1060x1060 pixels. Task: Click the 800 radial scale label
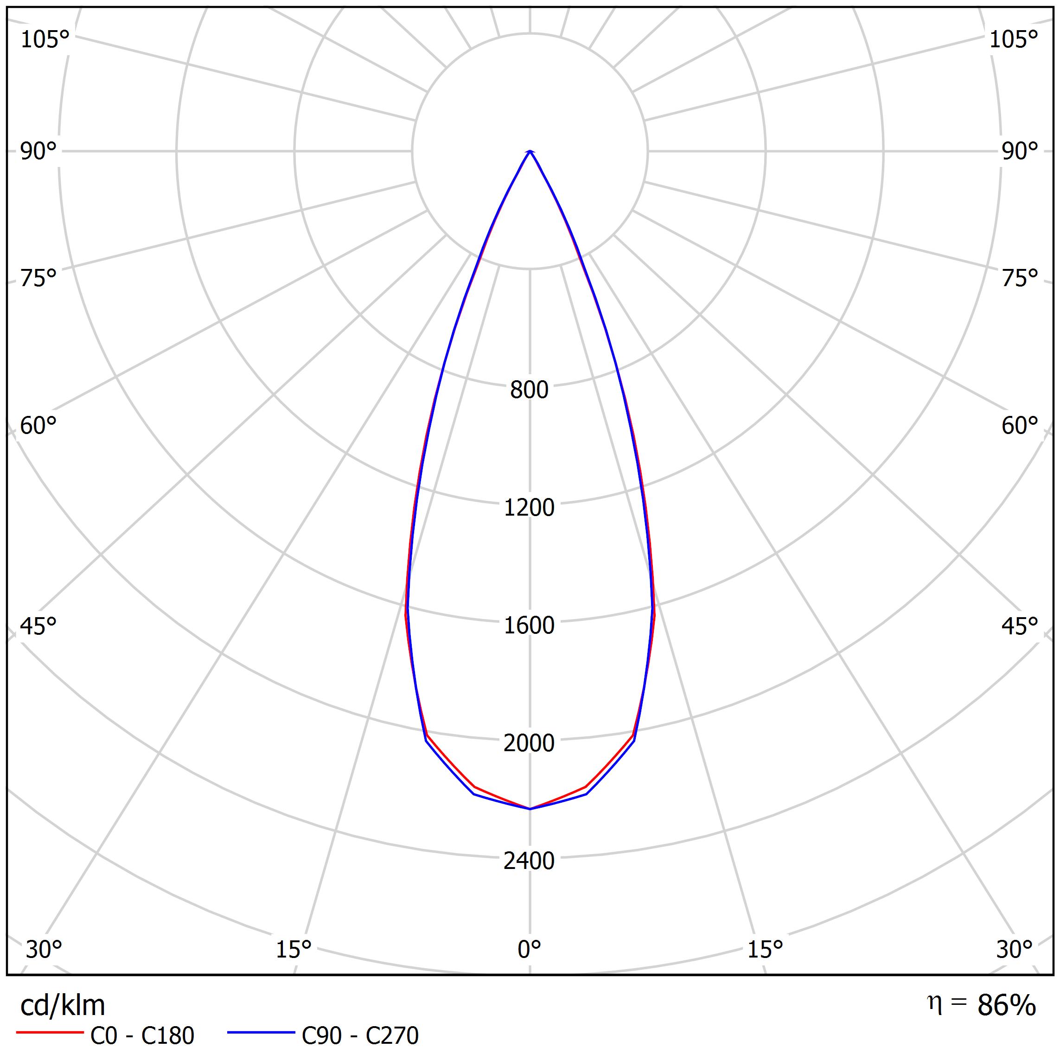tap(529, 390)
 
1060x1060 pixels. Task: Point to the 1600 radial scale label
tap(529, 626)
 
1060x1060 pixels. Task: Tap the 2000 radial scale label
tap(529, 743)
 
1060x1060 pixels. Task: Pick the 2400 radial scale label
tap(529, 861)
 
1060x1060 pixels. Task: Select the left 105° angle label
tap(45, 40)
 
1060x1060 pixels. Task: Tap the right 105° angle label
tap(1013, 40)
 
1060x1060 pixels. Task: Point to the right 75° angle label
tap(1019, 279)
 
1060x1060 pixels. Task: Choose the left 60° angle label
tap(38, 426)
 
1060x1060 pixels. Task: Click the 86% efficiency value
tap(1006, 1006)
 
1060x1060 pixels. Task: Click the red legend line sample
tap(49, 1033)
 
